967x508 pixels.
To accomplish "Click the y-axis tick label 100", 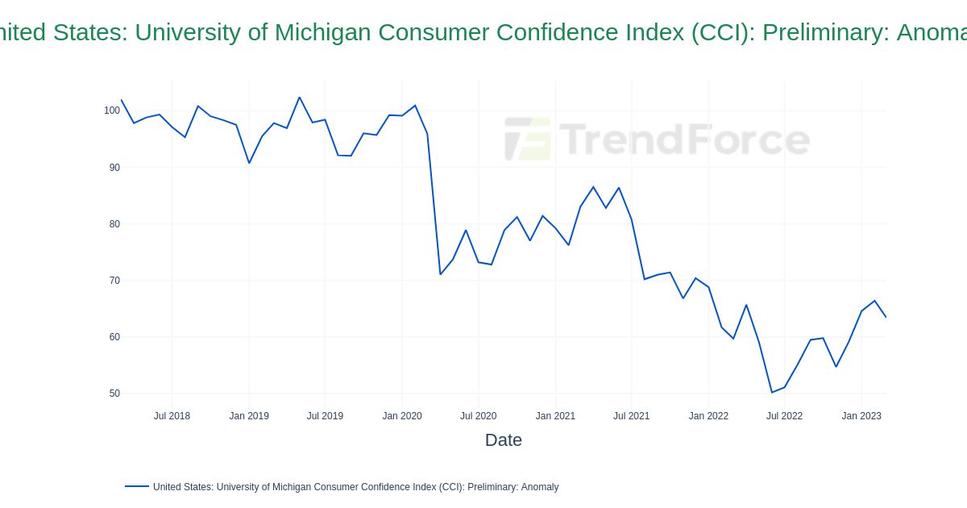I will (111, 110).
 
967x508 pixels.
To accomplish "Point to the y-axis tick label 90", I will (114, 168).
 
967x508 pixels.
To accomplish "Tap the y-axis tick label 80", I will (114, 224).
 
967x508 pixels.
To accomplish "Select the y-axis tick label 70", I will (114, 281).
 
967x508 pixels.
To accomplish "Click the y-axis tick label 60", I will (114, 337).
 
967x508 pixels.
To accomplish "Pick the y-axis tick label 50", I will (114, 393).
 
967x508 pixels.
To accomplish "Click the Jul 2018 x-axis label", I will (172, 416).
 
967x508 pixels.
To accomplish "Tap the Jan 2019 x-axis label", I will (249, 416).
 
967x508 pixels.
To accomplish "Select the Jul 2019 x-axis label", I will (325, 416).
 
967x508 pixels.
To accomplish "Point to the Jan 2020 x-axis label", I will (402, 416).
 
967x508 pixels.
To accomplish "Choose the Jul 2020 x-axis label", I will (478, 416).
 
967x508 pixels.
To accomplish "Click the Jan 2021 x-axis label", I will (555, 416).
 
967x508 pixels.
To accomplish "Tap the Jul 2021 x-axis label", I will (631, 416).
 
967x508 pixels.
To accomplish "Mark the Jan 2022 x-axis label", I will (708, 416).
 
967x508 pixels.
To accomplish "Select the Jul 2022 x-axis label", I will (784, 416).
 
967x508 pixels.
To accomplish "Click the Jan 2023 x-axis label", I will (861, 416).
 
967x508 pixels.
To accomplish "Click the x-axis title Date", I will (503, 440).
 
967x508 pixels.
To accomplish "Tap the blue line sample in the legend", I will (137, 486).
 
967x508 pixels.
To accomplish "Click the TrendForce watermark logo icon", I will (528, 139).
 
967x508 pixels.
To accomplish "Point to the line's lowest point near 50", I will (772, 393).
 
